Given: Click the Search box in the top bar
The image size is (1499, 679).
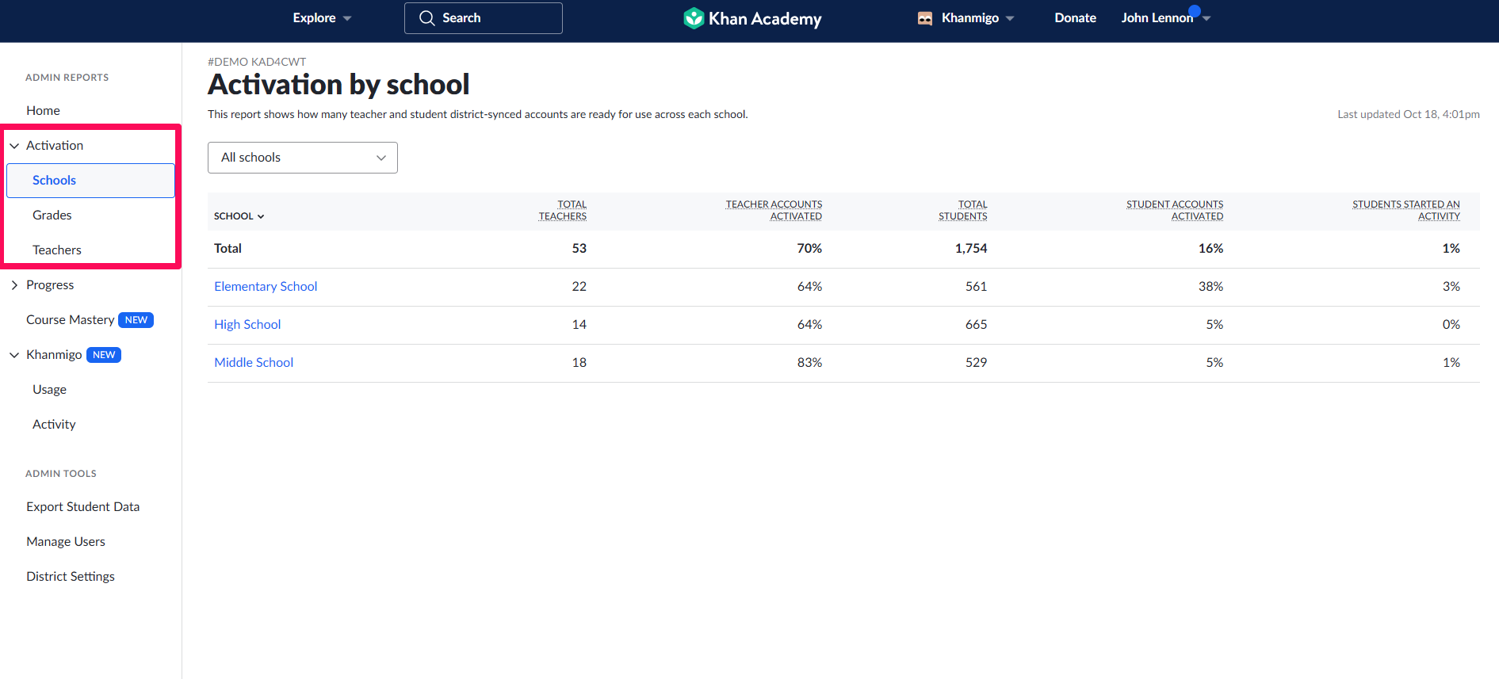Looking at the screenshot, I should pos(483,18).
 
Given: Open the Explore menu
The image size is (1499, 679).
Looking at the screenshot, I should pos(321,18).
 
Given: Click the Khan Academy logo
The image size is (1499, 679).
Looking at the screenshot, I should pos(752,18).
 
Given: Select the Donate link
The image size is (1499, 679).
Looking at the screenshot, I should pos(1075,18).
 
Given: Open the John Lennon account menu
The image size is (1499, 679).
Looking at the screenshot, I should pos(1164,18).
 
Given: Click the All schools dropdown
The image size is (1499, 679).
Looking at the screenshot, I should pos(302,158).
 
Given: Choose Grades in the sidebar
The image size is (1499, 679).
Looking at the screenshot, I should pos(52,216).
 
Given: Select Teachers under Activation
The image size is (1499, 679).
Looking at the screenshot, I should pos(57,250).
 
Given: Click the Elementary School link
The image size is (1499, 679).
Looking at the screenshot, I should pos(266,287).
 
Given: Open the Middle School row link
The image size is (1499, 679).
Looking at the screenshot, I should pos(254,363).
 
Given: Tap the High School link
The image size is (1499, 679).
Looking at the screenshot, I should pos(247,325).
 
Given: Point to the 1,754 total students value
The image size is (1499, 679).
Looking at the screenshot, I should pos(970,249).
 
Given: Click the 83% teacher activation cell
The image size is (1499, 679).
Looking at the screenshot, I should pos(809,363).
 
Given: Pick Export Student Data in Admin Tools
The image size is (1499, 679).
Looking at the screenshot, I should pos(82,507).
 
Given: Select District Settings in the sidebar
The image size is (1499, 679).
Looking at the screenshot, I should pos(71,577).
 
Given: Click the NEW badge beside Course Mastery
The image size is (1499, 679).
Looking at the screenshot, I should pos(136,320).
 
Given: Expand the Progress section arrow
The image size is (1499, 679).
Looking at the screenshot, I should pos(14,285).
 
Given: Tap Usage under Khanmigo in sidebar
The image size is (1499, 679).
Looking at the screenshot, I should pos(49,390).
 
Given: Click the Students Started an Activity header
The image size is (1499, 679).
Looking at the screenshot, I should pos(1405,210).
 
